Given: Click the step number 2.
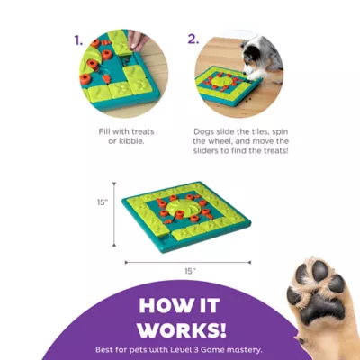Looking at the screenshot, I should tap(193, 40).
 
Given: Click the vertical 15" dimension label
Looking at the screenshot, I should tap(103, 202).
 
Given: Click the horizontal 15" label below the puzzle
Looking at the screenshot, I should tap(189, 271).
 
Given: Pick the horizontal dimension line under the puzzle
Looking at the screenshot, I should tap(189, 263).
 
